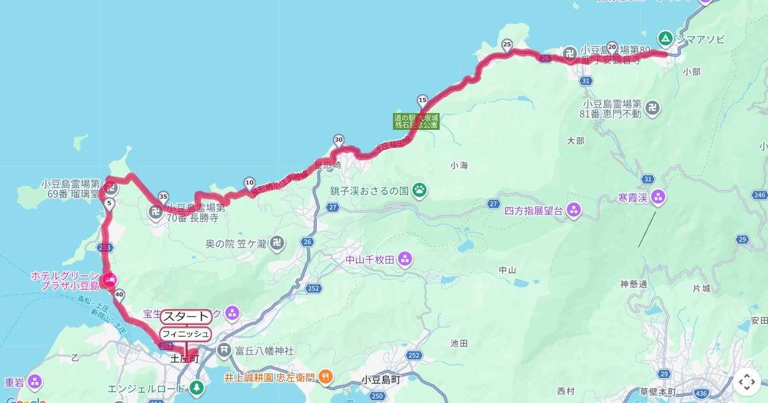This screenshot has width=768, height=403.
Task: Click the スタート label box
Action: (x=186, y=317)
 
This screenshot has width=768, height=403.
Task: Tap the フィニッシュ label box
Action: (x=186, y=334)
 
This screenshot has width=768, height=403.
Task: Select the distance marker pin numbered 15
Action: (x=422, y=100)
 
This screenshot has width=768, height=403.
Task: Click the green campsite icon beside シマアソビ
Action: (x=666, y=39)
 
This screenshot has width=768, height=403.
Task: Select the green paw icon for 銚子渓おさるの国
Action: (x=420, y=189)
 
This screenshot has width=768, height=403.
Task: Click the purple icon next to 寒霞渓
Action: (x=659, y=197)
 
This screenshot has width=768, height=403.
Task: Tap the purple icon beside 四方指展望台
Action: (x=573, y=209)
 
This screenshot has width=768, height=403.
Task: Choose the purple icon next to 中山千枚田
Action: (x=404, y=259)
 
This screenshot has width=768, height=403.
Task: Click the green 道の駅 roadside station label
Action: (x=416, y=122)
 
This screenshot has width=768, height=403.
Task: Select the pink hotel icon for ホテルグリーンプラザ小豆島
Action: (x=109, y=280)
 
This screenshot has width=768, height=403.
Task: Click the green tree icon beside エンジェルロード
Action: (x=197, y=387)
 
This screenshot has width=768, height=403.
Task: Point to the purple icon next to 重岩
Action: (x=35, y=382)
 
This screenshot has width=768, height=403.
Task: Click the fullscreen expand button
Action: (x=747, y=382)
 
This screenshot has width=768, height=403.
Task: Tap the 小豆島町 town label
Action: (x=381, y=379)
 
